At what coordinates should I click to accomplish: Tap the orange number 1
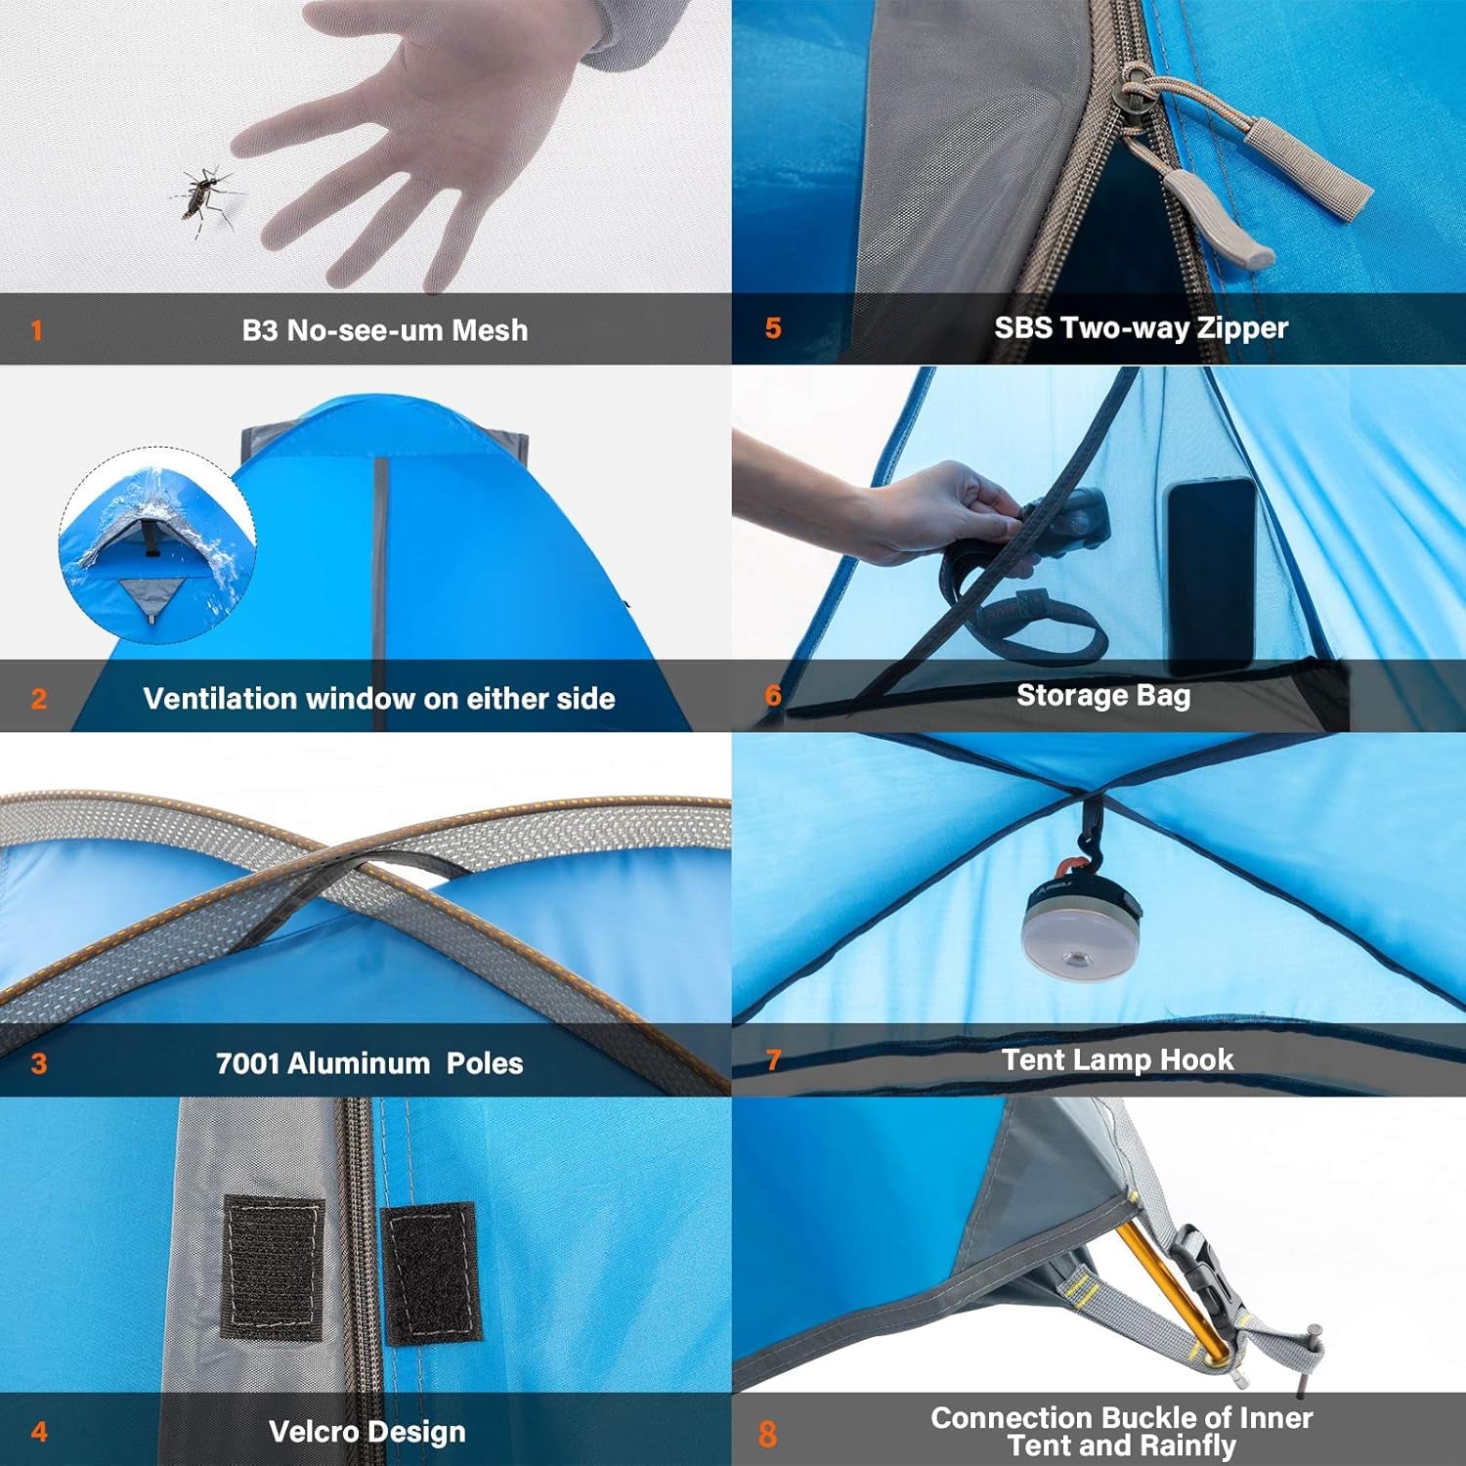37,330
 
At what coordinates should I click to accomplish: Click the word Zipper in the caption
1242,328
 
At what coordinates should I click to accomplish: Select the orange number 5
773,328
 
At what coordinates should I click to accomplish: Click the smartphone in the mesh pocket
1210,572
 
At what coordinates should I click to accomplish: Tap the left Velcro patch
274,1267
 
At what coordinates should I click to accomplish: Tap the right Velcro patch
430,1273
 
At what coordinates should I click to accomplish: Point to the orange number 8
768,1434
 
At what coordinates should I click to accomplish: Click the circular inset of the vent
156,544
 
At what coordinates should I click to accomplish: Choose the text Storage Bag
1103,696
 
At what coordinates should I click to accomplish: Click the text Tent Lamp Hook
1117,1060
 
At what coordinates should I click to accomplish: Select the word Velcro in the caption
314,1432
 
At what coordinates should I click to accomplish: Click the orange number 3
39,1063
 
